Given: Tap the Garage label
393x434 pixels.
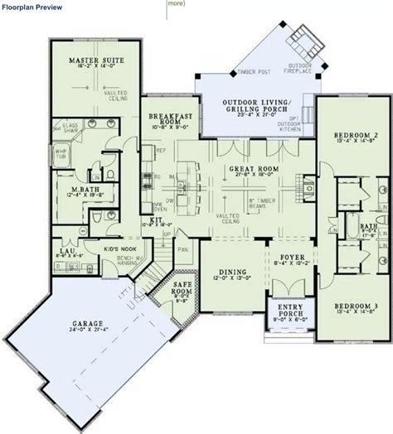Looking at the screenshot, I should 85,350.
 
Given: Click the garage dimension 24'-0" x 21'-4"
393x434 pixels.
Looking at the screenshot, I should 85,358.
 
